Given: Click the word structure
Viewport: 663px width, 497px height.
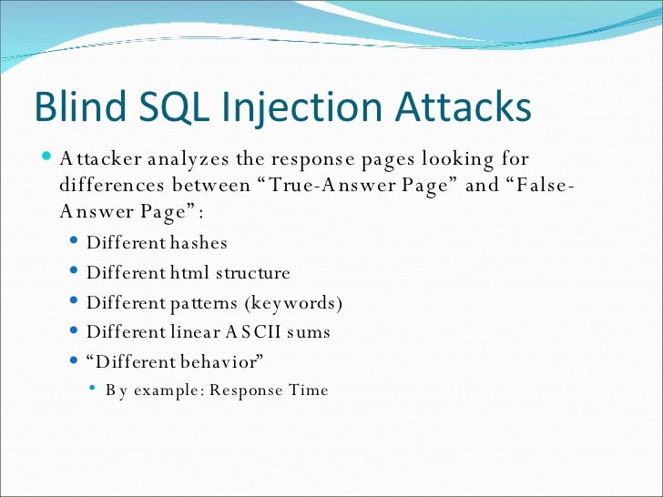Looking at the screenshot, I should click(251, 272).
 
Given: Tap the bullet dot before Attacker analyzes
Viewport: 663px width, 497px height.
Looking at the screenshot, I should click(46, 158).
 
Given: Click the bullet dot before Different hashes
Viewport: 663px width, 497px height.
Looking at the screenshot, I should click(74, 243).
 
